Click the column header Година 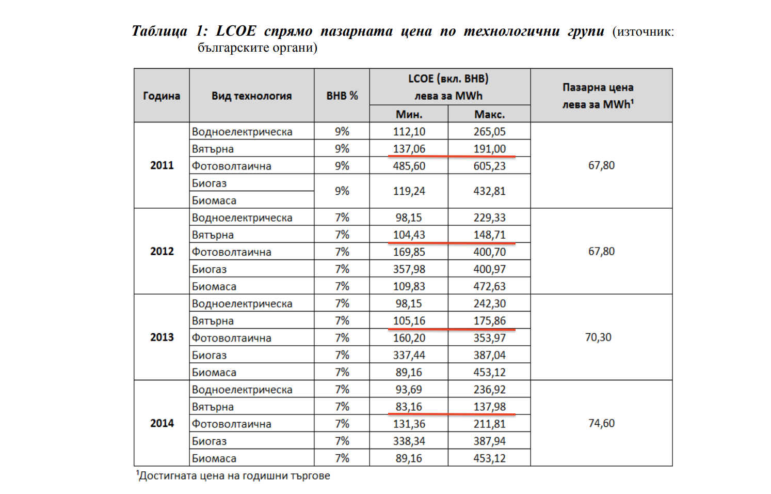162,96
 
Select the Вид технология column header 251,96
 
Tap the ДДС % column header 342,96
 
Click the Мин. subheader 409,114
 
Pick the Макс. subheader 489,114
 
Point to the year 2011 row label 162,165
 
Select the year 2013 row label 162,337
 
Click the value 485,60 409,166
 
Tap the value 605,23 489,166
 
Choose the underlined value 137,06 409,149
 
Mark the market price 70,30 598,337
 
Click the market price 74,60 601,423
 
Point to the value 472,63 489,286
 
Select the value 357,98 409,269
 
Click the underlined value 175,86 489,321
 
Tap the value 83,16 409,407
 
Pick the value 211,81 489,424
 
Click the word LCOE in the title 236,31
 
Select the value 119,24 409,191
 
